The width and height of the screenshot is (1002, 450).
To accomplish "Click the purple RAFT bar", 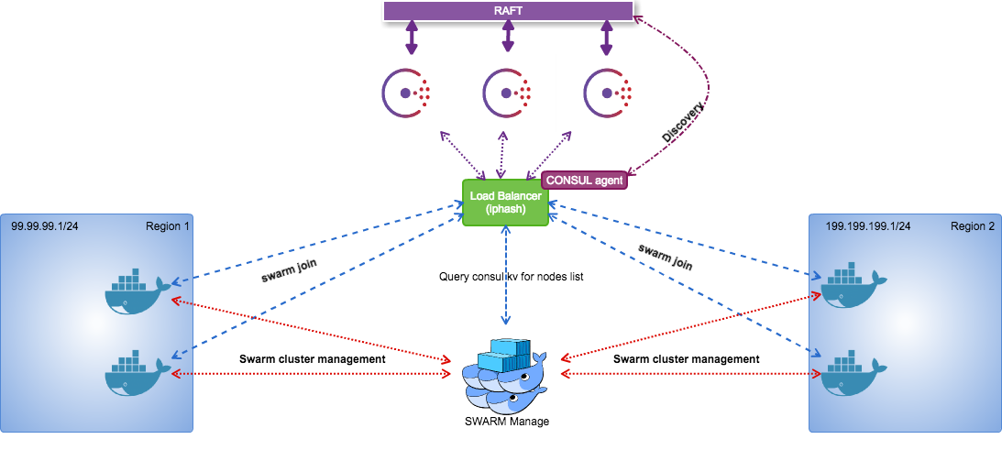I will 508,11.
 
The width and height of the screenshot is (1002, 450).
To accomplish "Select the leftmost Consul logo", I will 406,92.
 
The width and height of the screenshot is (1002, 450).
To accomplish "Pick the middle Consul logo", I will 507,92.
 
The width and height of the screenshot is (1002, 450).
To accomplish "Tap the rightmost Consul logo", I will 608,92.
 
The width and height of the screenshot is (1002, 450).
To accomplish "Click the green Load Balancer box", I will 505,203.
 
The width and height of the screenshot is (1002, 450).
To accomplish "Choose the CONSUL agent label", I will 585,181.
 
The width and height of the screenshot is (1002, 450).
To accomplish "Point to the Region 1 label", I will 167,225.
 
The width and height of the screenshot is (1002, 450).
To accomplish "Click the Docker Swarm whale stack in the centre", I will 505,377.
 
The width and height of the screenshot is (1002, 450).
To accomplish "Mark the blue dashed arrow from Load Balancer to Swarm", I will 505,275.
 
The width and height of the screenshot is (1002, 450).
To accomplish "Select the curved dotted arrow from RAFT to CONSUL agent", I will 707,92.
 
